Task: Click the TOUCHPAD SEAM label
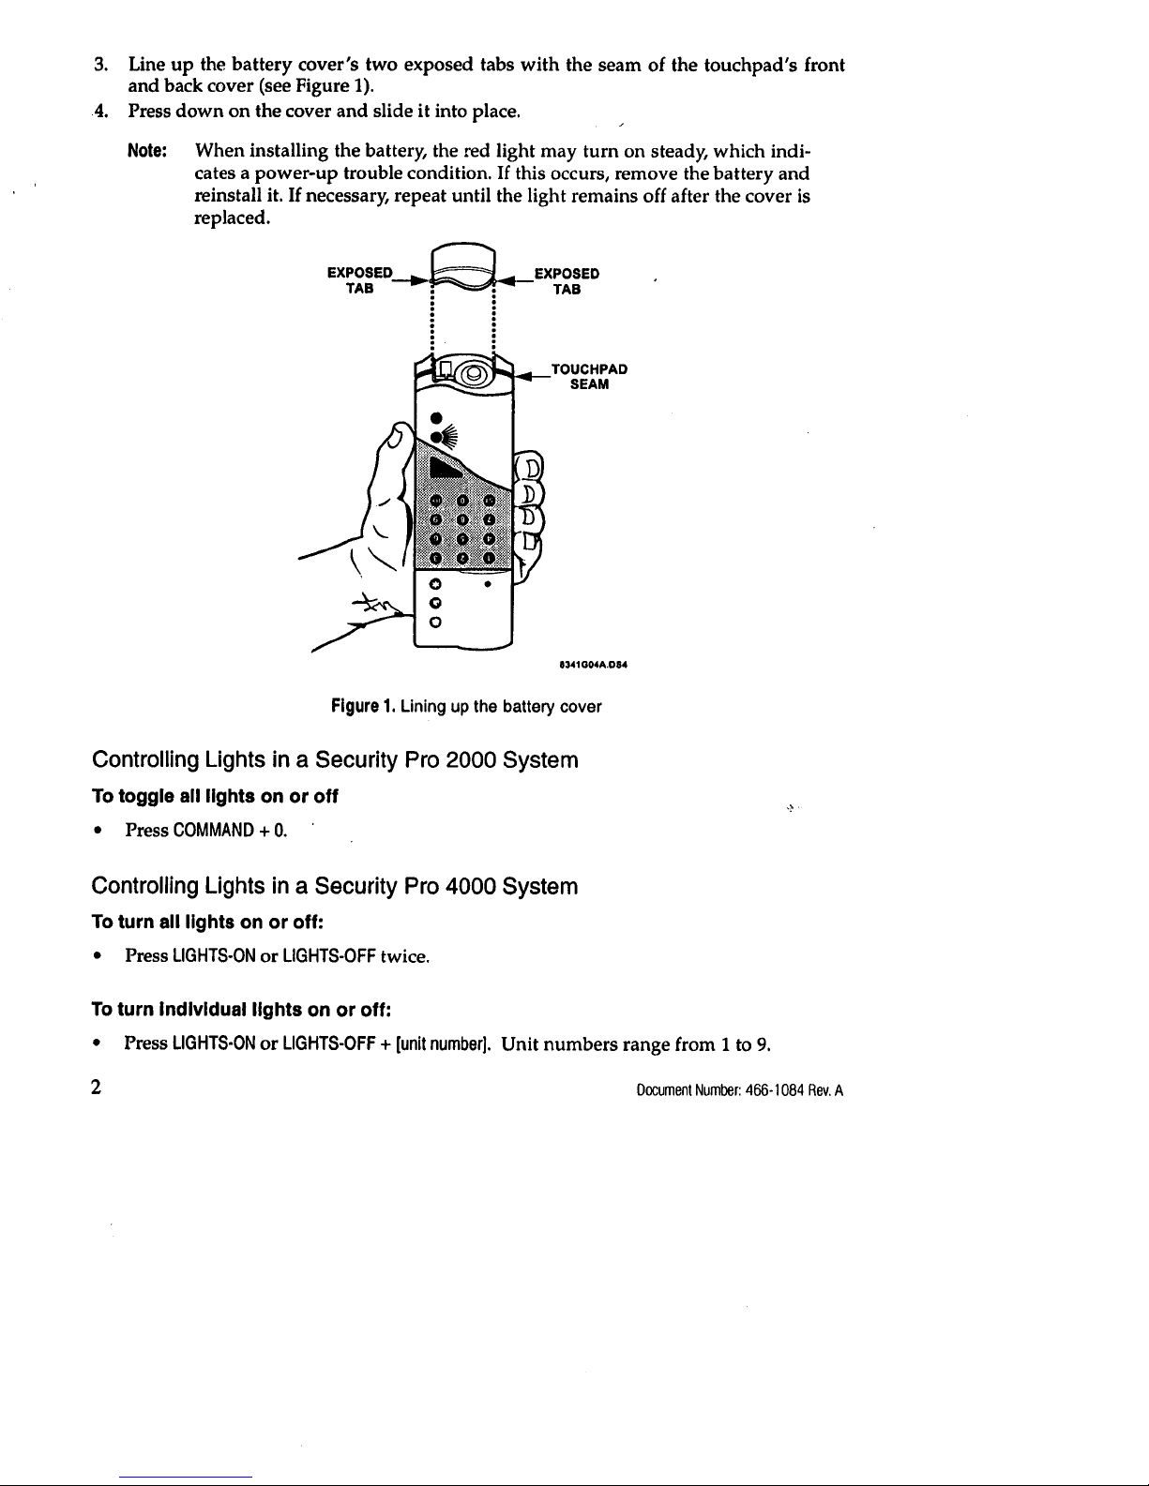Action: tap(589, 377)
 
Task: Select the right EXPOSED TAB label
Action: tap(567, 281)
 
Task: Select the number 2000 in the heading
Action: tap(472, 759)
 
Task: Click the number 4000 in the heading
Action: tap(472, 886)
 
